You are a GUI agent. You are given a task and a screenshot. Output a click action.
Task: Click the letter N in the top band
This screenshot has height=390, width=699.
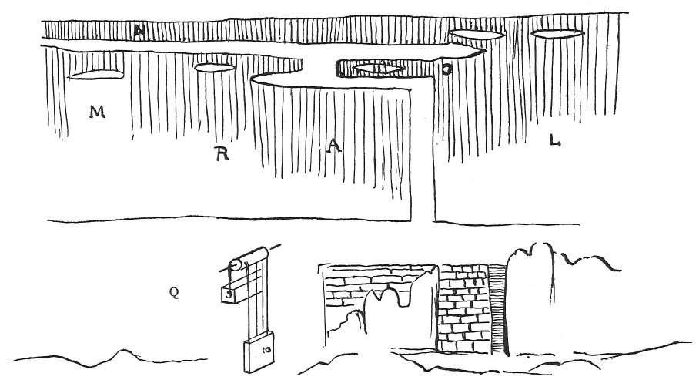(x=139, y=32)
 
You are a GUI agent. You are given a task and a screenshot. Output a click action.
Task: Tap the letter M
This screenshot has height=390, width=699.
(x=96, y=113)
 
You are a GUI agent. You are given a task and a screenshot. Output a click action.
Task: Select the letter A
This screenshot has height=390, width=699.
(x=333, y=146)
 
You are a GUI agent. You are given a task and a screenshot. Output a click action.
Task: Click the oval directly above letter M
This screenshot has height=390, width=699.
(x=96, y=74)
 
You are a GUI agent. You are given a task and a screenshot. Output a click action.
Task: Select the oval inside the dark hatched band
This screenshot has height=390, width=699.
(x=378, y=69)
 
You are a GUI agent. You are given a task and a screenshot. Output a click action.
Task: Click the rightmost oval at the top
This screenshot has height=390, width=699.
(x=557, y=33)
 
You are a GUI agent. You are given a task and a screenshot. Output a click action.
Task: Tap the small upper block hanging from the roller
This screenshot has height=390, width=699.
(x=229, y=293)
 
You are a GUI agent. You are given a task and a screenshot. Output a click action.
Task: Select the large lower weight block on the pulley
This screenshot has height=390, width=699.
(x=259, y=354)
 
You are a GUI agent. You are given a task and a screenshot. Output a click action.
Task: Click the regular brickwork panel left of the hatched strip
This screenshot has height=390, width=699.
(x=463, y=308)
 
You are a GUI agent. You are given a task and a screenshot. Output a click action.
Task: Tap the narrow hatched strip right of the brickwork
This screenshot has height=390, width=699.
(x=497, y=308)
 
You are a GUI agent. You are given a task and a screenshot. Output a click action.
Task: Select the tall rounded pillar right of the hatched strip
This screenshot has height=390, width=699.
(x=531, y=301)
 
